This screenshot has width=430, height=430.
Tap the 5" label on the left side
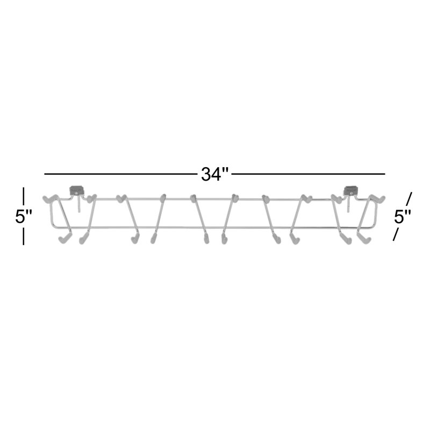click(x=24, y=217)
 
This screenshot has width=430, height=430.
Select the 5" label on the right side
click(x=402, y=217)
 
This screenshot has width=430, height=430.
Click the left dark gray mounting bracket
click(x=76, y=190)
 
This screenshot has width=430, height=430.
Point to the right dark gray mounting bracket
click(x=351, y=190)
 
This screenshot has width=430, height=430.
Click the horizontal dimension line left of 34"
click(x=120, y=174)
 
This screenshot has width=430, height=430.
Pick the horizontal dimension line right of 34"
click(x=309, y=174)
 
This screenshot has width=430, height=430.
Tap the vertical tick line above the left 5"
click(x=24, y=196)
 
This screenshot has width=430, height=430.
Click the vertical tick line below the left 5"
click(x=24, y=236)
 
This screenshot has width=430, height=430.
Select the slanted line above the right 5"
click(x=409, y=198)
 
